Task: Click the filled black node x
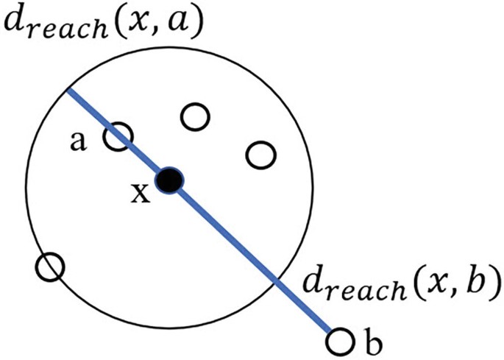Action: [170, 179]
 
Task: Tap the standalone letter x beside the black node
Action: [139, 194]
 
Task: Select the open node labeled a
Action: [118, 136]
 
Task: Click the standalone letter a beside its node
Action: [76, 141]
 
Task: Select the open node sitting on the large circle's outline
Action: [49, 267]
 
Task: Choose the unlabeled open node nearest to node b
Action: [260, 155]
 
